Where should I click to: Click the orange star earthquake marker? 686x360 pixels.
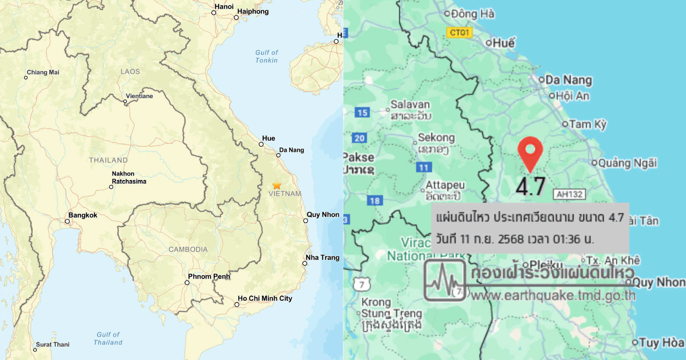pos(277,185)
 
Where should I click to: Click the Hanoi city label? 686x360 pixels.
pos(224,7)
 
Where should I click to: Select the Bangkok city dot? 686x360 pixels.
pos(67,221)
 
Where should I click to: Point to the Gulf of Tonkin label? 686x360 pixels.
pos(267,56)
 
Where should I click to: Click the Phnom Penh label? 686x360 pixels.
pos(209,276)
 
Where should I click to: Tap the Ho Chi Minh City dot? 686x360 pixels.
pos(237,304)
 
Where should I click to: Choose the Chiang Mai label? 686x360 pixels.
pos(43,72)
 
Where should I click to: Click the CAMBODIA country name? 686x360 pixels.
pos(188,250)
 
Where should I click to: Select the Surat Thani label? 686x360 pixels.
pos(52,345)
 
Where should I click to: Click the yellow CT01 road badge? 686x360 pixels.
pos(459,33)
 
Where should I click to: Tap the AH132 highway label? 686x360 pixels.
pos(569,194)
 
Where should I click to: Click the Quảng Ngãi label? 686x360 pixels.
pos(627,163)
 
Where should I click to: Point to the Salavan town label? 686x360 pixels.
pos(410,104)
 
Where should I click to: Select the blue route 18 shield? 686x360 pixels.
pos(375,201)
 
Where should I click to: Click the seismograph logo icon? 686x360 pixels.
pos(445,280)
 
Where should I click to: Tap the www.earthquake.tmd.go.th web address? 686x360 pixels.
pos(553,296)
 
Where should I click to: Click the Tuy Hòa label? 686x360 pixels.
pos(662,343)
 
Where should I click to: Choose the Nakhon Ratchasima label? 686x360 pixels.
pos(129,178)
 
